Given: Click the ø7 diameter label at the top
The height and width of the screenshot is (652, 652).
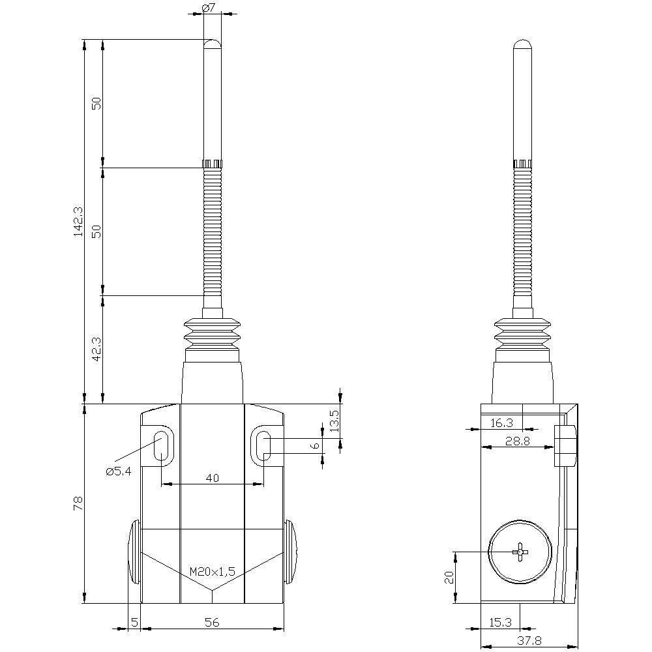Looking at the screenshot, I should coord(209,8).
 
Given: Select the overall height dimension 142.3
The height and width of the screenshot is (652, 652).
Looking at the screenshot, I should coord(78,221).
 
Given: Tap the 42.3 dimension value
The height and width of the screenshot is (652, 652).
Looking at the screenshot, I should coord(96,349).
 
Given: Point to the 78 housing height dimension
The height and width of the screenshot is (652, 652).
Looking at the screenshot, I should coord(78,503).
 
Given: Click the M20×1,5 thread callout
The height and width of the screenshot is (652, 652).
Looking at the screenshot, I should coord(212,571).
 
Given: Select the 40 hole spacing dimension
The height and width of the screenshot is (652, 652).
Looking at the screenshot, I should coord(212,478).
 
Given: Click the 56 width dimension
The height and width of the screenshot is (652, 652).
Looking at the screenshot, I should coord(212,623).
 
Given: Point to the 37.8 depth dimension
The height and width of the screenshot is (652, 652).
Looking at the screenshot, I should coord(528,640).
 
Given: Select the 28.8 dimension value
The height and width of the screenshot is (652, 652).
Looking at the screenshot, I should coord(518,441).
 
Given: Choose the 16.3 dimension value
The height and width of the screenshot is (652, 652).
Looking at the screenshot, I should coord(501,423).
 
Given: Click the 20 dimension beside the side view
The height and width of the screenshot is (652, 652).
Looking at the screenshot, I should coord(449,578).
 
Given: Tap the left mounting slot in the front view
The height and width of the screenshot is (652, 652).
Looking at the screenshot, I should coord(161,446).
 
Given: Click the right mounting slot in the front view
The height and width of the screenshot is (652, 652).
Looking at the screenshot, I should coord(263,446).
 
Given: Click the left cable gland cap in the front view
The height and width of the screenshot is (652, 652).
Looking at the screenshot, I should coord(134,552).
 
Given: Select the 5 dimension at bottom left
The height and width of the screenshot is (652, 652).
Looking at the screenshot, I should coord(134,623).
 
